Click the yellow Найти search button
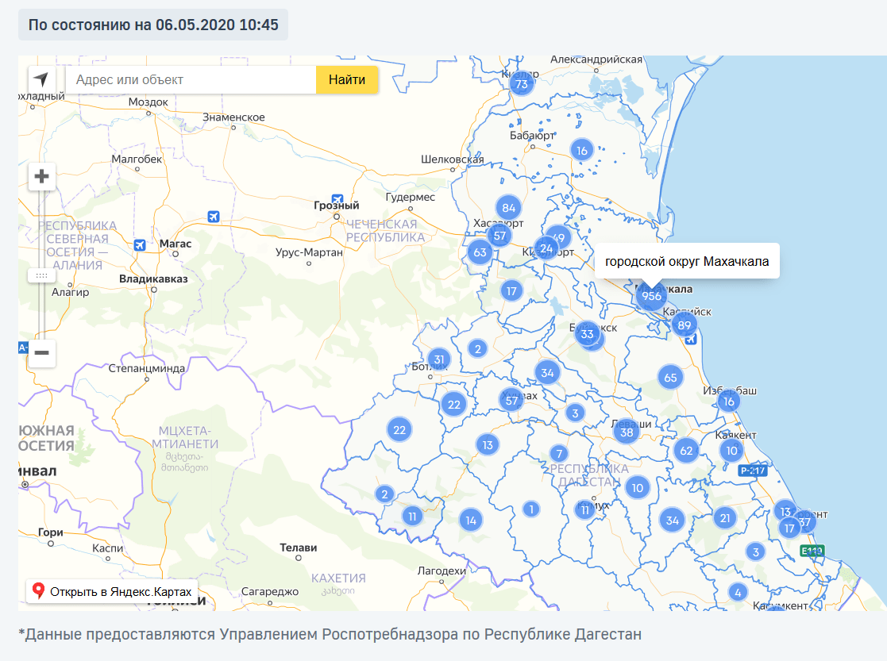[347, 79]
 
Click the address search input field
[191, 79]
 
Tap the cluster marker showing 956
[651, 296]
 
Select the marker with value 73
[521, 84]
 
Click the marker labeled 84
[509, 209]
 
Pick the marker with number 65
[670, 378]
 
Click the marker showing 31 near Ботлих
[439, 359]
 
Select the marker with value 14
[471, 521]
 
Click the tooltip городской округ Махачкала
[687, 261]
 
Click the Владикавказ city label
[153, 279]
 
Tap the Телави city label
[299, 548]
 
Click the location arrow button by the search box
[41, 79]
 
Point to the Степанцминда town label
[147, 368]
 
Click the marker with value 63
[480, 253]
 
